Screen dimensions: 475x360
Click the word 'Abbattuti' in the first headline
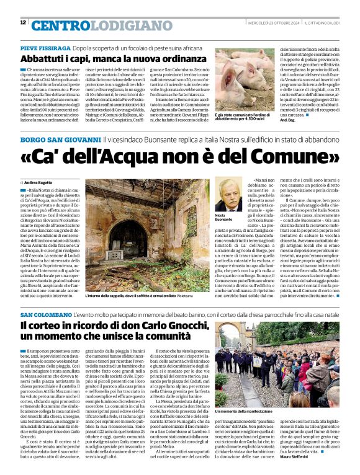pyautogui.click(x=43, y=59)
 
